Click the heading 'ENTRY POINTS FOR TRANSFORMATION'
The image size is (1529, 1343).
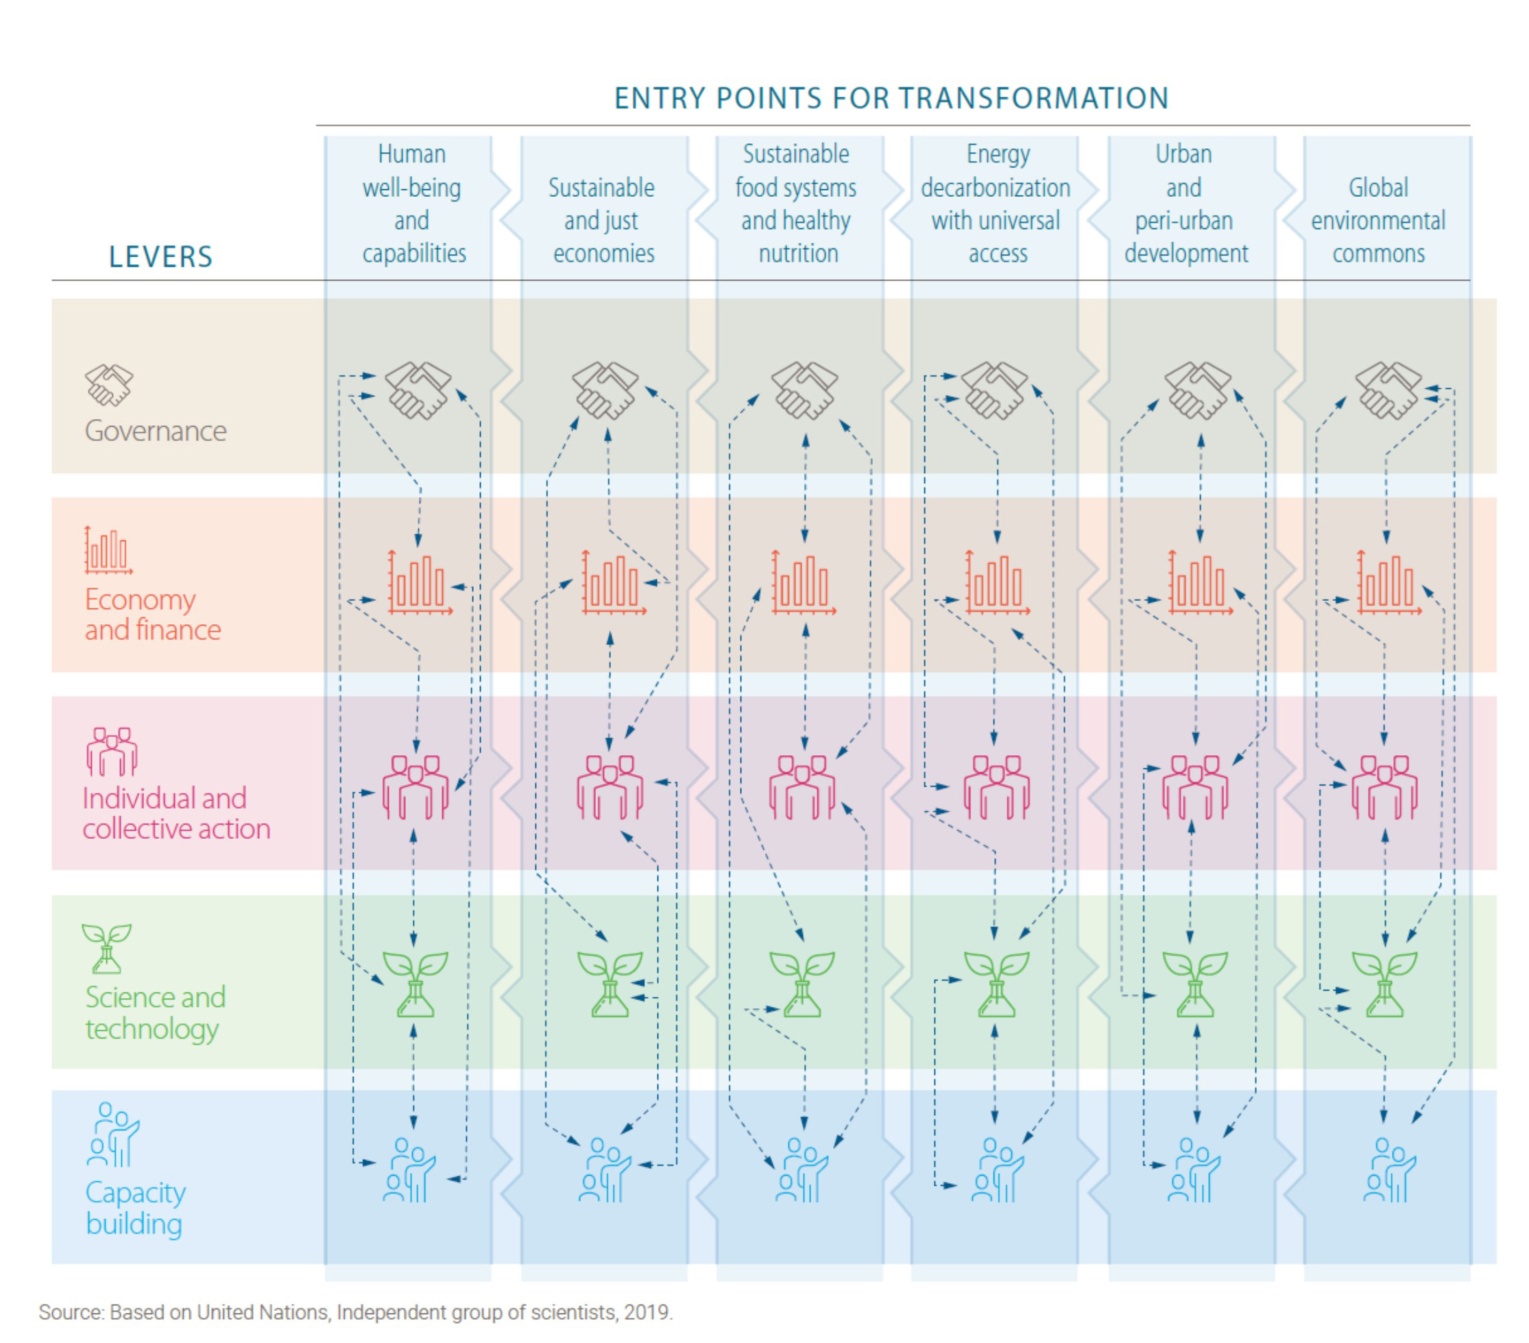click(891, 98)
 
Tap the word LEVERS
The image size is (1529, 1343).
click(161, 257)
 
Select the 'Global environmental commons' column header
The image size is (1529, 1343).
click(1378, 220)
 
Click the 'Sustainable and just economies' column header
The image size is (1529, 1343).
click(602, 220)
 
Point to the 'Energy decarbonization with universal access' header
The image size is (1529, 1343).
click(996, 204)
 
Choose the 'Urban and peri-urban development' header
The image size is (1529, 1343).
click(1185, 204)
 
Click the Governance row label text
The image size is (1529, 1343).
click(156, 431)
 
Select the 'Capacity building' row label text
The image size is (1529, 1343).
click(135, 1208)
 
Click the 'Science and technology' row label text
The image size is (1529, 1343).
click(155, 1012)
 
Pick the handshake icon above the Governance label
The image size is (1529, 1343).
click(109, 385)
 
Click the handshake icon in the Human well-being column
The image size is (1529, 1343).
click(418, 390)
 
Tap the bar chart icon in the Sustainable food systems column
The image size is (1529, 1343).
click(803, 584)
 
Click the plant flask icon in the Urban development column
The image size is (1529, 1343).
click(1194, 984)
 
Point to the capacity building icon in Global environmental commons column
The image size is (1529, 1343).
click(1388, 1169)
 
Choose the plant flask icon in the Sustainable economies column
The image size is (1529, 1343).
click(609, 984)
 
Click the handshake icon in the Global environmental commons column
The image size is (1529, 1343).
click(1388, 390)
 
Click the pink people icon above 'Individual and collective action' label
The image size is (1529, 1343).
click(112, 750)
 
